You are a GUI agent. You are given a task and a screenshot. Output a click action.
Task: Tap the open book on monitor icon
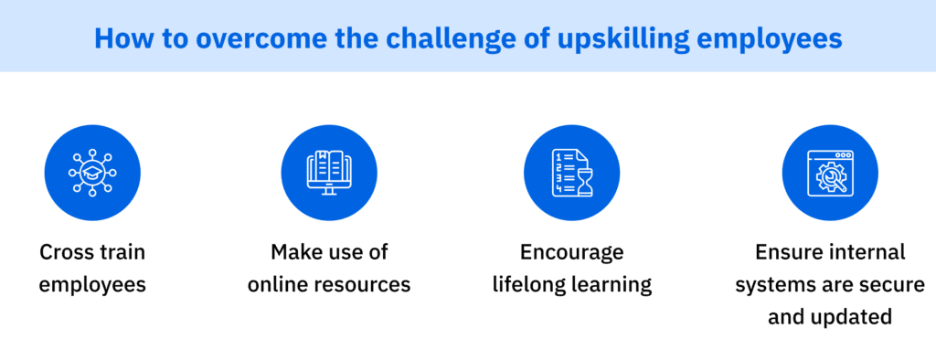(x=329, y=173)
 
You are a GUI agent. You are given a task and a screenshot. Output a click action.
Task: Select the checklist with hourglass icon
(x=571, y=173)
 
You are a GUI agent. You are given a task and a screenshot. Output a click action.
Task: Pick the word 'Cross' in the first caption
(x=66, y=251)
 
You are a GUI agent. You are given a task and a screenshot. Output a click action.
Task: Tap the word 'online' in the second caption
(x=279, y=284)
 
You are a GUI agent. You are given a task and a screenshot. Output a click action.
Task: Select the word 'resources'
(x=363, y=284)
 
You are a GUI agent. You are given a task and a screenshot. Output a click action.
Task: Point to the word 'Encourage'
(x=572, y=251)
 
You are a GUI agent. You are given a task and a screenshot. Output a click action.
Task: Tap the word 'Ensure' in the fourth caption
(x=785, y=251)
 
